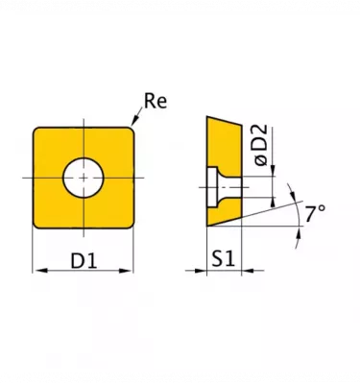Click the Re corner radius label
point(156,102)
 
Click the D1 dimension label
point(84,261)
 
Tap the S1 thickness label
point(224,258)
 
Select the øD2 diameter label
point(261,145)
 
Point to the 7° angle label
point(315,214)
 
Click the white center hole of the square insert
point(84,178)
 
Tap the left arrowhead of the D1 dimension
point(40,271)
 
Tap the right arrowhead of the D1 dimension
point(126,271)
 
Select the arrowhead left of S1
point(200,271)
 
